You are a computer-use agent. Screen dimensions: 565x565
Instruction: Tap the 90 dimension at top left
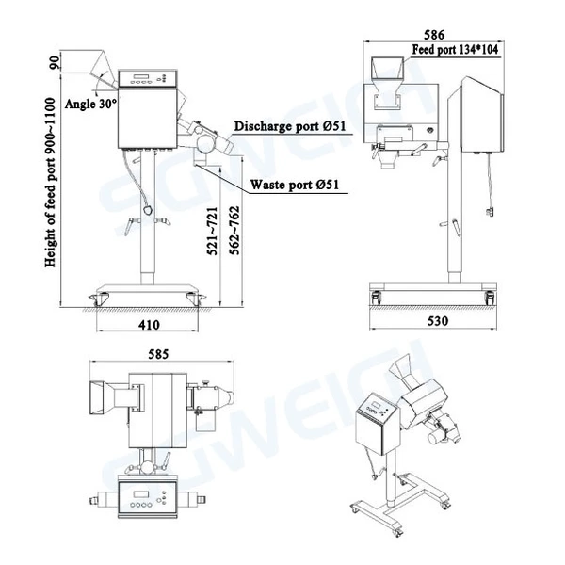pyautogui.click(x=55, y=65)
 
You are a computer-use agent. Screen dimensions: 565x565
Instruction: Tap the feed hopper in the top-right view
pyautogui.click(x=385, y=71)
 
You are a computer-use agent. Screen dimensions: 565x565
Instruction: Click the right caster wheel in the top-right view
pyautogui.click(x=489, y=298)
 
